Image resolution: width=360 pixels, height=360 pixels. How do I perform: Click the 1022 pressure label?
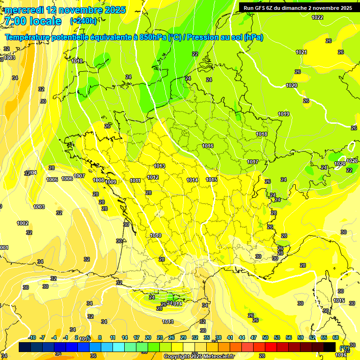tap(317, 17)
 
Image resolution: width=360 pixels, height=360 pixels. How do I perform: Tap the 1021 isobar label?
tap(301, 52)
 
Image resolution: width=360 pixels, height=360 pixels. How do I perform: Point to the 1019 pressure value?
tap(283, 114)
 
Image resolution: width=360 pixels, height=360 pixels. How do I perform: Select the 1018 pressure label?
tap(262, 135)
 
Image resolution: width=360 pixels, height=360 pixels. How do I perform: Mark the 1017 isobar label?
tap(253, 162)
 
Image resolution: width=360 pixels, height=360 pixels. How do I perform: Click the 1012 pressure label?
tap(153, 177)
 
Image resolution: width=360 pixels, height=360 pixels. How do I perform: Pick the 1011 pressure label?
tap(135, 180)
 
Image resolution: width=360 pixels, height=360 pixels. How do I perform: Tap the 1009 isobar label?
tap(111, 182)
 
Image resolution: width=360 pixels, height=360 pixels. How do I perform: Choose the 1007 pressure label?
tap(79, 176)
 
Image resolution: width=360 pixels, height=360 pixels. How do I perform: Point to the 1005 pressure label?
tap(52, 180)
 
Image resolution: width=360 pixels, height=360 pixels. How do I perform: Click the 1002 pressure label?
tap(22, 223)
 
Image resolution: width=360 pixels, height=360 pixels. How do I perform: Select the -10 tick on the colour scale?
tap(32, 337)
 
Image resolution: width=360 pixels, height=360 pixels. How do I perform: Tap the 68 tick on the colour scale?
tap(336, 337)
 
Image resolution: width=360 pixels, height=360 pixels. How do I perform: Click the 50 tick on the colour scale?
tap(265, 337)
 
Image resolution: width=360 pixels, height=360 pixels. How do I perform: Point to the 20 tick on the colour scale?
tap(148, 337)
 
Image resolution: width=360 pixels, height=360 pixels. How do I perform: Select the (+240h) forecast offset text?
tap(83, 21)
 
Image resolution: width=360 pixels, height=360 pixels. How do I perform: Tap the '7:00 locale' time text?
tap(32, 21)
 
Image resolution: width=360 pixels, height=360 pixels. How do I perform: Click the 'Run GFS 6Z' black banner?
tap(298, 8)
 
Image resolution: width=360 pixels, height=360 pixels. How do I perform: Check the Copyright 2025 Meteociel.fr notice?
tap(198, 356)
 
